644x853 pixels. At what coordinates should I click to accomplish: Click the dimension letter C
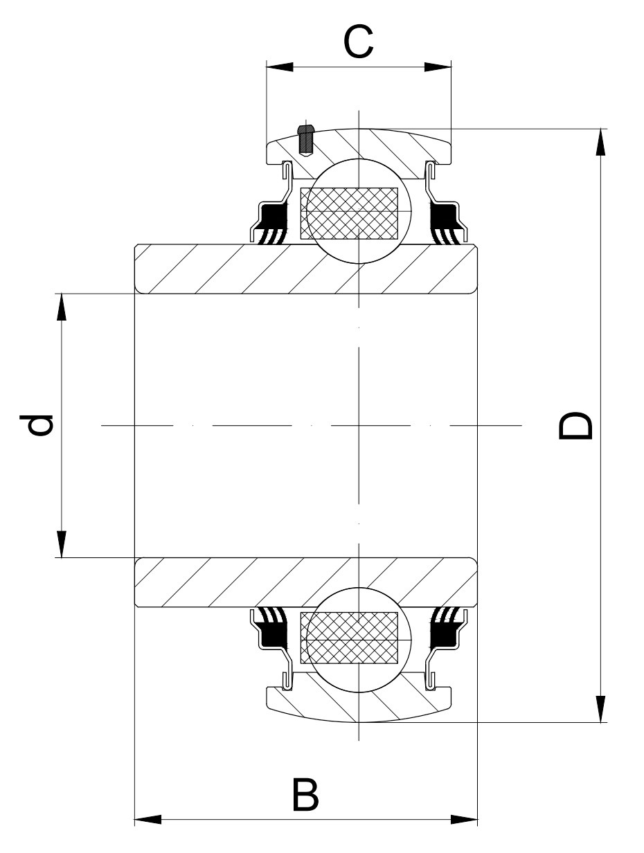click(x=359, y=42)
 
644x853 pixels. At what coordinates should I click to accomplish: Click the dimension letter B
click(x=305, y=796)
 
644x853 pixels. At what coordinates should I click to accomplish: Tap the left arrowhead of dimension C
click(x=280, y=67)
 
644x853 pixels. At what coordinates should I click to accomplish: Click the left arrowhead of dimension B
click(x=147, y=820)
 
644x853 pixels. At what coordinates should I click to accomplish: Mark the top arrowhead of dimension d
click(x=62, y=307)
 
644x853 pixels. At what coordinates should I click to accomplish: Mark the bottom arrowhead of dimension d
click(x=62, y=544)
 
